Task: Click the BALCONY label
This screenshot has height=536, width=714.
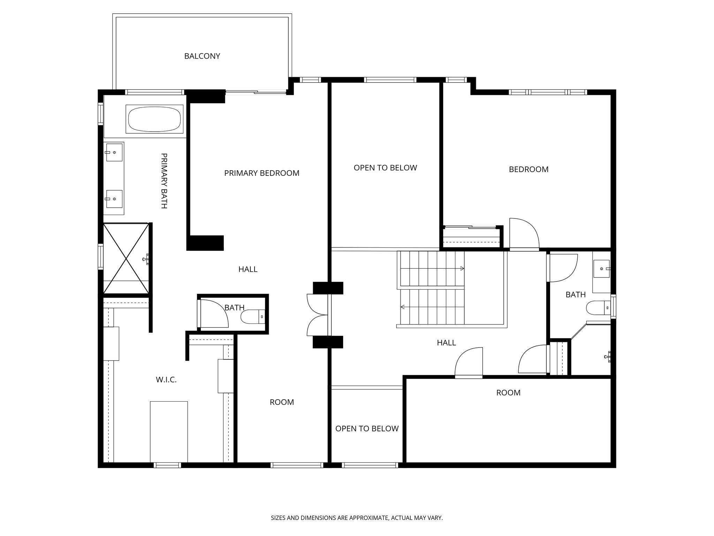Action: pyautogui.click(x=202, y=56)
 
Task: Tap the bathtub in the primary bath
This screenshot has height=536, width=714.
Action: pyautogui.click(x=154, y=119)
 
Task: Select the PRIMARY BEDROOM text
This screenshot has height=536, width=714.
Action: pyautogui.click(x=262, y=173)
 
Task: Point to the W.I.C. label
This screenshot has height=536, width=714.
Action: pyautogui.click(x=166, y=380)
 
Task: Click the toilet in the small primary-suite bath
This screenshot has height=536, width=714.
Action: pyautogui.click(x=253, y=317)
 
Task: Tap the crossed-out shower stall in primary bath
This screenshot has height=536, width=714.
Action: pyautogui.click(x=126, y=258)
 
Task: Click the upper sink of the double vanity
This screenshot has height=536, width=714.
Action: pyautogui.click(x=114, y=152)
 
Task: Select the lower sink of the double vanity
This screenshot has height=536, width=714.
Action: pyautogui.click(x=114, y=199)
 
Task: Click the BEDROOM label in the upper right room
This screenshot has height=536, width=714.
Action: pyautogui.click(x=529, y=170)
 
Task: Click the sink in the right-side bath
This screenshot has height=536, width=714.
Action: pyautogui.click(x=602, y=269)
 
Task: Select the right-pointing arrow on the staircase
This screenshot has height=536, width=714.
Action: pyautogui.click(x=432, y=268)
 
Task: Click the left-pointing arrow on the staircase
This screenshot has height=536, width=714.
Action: pyautogui.click(x=432, y=307)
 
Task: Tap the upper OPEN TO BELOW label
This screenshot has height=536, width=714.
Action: pyautogui.click(x=385, y=168)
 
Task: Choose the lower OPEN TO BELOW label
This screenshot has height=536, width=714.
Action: pyautogui.click(x=367, y=429)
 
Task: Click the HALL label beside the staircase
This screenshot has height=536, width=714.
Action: pyautogui.click(x=446, y=343)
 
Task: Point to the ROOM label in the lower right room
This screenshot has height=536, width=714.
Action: pyautogui.click(x=508, y=393)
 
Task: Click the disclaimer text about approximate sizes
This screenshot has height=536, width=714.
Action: pyautogui.click(x=357, y=518)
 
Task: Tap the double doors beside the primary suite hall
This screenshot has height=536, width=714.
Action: pyautogui.click(x=317, y=315)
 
